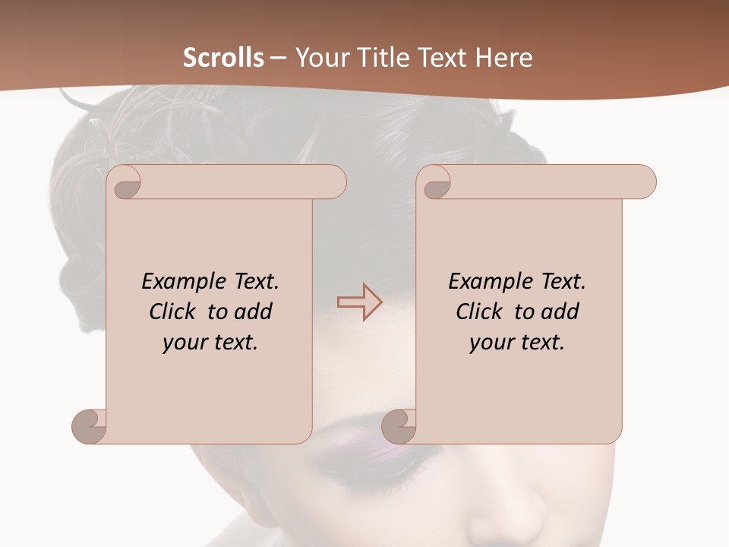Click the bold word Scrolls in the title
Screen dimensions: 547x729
pos(223,58)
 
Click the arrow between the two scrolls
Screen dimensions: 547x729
pos(360,302)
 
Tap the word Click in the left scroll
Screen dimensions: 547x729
pos(166,311)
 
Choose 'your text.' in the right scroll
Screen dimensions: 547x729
pos(517,343)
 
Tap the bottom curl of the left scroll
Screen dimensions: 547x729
pos(90,426)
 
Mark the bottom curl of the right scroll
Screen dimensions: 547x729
pos(399,426)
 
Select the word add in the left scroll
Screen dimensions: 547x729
pos(253,311)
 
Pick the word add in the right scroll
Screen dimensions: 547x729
pos(560,311)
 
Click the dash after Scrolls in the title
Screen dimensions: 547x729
pos(278,58)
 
